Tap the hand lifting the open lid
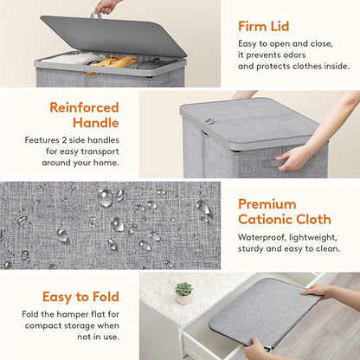click(x=107, y=7)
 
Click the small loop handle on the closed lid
click(x=209, y=122)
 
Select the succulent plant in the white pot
click(x=183, y=289)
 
